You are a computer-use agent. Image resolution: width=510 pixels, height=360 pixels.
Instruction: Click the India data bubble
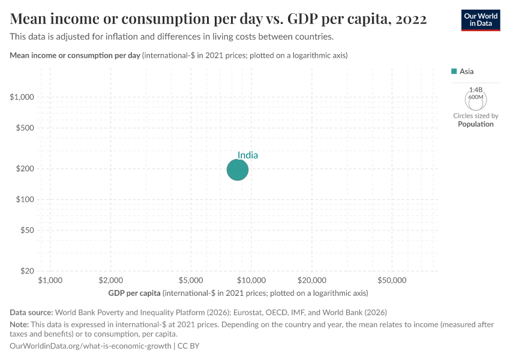click(238, 170)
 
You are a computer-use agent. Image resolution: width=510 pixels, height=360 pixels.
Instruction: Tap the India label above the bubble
click(248, 155)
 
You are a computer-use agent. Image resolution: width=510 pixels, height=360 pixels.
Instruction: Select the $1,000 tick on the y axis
click(22, 97)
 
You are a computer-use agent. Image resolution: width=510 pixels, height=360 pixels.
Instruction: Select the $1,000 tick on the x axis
click(50, 280)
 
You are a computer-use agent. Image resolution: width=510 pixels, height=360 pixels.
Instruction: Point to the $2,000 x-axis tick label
click(110, 280)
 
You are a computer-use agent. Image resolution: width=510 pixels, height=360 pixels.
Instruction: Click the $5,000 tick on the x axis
click(191, 280)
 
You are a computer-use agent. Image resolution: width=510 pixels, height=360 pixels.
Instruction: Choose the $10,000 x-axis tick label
click(251, 280)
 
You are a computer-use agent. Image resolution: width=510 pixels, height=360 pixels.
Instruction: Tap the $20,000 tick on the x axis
click(311, 280)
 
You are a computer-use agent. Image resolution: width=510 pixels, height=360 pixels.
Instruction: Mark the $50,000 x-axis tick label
click(392, 280)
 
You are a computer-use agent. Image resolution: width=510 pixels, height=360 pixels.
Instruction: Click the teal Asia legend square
click(454, 71)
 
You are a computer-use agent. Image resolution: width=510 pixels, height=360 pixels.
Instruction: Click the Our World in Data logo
click(480, 20)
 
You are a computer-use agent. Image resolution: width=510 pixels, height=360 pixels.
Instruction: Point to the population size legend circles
click(476, 99)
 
